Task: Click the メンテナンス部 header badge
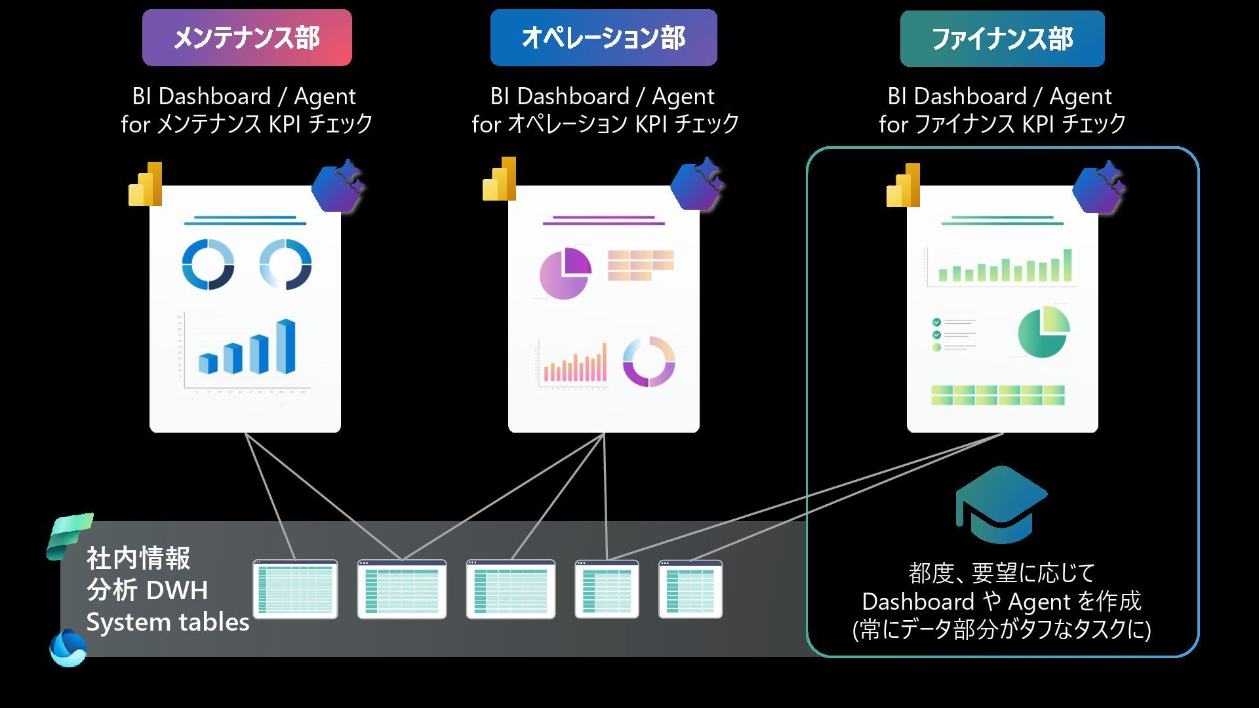point(247,38)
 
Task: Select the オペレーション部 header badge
point(603,38)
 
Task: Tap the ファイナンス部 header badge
point(1002,39)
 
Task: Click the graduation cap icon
point(1001,505)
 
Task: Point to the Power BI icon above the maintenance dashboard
point(146,184)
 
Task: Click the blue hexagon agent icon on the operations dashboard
point(696,184)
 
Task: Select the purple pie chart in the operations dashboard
point(565,273)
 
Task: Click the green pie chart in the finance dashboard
point(1043,332)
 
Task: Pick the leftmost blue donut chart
point(208,264)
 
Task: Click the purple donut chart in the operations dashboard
point(649,361)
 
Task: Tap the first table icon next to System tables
point(295,589)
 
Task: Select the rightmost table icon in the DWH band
point(690,589)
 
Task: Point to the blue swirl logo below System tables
point(68,648)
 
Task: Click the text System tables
point(168,622)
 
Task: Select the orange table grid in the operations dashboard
point(641,265)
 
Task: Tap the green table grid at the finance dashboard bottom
point(997,395)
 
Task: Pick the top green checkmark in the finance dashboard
point(936,322)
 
